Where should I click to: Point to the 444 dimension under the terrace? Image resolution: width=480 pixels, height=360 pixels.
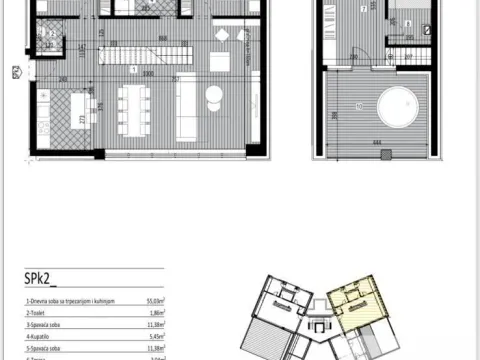374,143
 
